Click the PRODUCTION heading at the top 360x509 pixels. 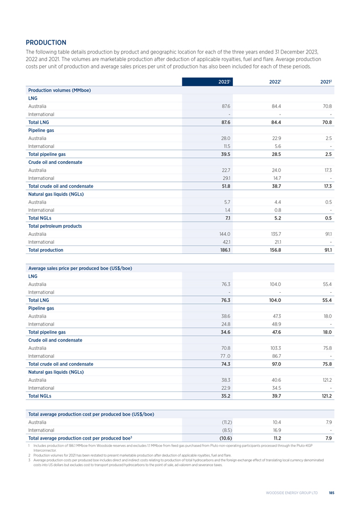(x=46, y=42)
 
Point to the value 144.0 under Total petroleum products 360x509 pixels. (x=224, y=234)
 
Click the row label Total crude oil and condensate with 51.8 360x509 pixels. (x=60, y=186)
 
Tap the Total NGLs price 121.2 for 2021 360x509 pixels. (x=326, y=396)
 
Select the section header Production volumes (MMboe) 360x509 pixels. (x=59, y=90)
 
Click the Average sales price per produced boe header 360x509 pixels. (x=80, y=268)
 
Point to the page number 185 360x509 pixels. (x=331, y=493)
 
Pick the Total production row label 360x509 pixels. (x=45, y=250)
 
